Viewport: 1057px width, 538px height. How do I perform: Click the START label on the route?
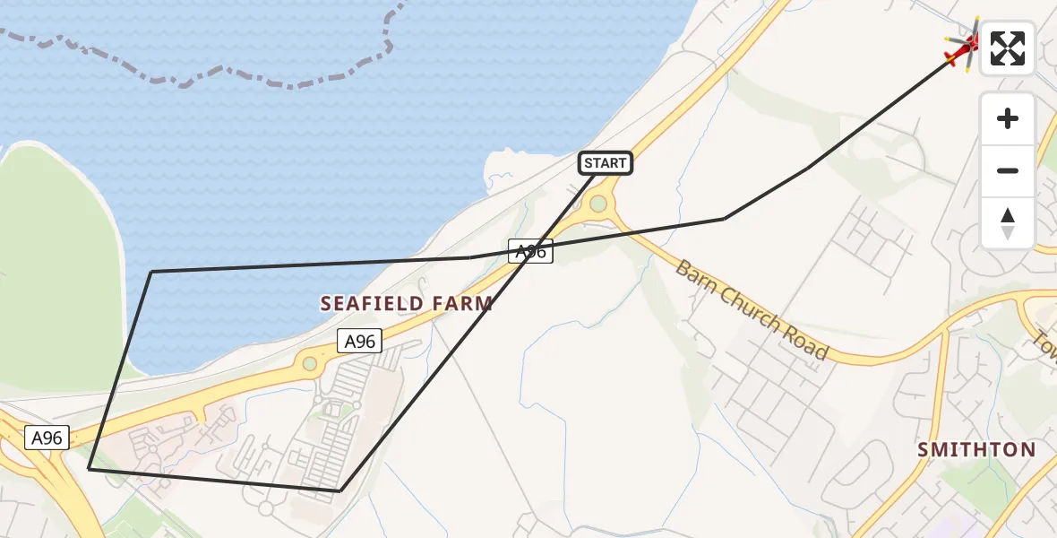click(606, 163)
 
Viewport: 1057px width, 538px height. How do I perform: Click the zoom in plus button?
click(1008, 118)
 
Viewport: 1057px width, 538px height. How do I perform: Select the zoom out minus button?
click(1008, 170)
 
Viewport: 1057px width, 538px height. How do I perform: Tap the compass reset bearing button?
click(1008, 223)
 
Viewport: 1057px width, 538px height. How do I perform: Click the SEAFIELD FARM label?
click(407, 303)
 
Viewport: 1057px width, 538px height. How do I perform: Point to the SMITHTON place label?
click(976, 449)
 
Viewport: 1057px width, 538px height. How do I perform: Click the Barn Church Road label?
click(752, 309)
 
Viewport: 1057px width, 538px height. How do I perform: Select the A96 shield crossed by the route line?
click(530, 252)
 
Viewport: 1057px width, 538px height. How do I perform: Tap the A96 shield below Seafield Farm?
click(359, 341)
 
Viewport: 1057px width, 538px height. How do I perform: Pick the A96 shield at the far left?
click(47, 438)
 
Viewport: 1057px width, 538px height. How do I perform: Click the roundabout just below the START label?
click(597, 204)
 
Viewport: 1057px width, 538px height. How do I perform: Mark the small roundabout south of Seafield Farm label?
click(310, 363)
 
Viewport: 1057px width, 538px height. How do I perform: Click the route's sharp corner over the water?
click(152, 271)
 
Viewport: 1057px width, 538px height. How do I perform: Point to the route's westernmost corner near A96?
click(89, 468)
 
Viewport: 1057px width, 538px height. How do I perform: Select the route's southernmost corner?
click(340, 490)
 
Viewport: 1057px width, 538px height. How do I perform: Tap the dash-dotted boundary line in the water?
click(224, 79)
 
